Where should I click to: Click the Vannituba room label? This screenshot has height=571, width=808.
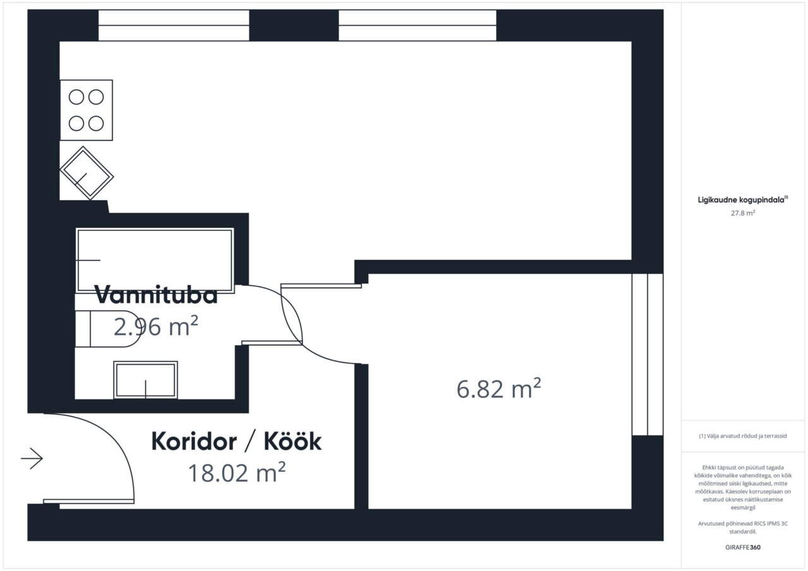[156, 295]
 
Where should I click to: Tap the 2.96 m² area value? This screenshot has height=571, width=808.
[156, 326]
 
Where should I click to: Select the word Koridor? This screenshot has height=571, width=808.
[194, 441]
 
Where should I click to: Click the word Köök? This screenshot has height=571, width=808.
[292, 441]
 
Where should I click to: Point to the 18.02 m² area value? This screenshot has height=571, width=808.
[237, 472]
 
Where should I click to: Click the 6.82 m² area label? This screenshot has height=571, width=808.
[499, 389]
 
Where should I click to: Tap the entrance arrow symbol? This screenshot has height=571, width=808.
[32, 459]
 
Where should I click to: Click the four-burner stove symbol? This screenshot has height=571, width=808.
[86, 110]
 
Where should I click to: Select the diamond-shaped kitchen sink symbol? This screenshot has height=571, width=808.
[86, 173]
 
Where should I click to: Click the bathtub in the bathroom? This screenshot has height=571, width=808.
[155, 261]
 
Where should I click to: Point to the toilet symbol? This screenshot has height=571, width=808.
[107, 329]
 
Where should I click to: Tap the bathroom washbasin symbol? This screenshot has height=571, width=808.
[145, 380]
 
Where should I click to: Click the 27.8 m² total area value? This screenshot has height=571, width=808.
[743, 213]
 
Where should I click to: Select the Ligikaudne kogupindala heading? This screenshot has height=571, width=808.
[743, 200]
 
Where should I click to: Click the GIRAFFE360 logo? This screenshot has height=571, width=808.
[743, 547]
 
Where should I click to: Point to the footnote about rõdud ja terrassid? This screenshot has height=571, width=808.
[743, 436]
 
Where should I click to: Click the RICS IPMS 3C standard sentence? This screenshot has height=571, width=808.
[743, 527]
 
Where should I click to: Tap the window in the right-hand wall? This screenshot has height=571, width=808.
[648, 355]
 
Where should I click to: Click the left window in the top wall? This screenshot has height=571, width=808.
[174, 25]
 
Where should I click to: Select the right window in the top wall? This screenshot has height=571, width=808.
[417, 25]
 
